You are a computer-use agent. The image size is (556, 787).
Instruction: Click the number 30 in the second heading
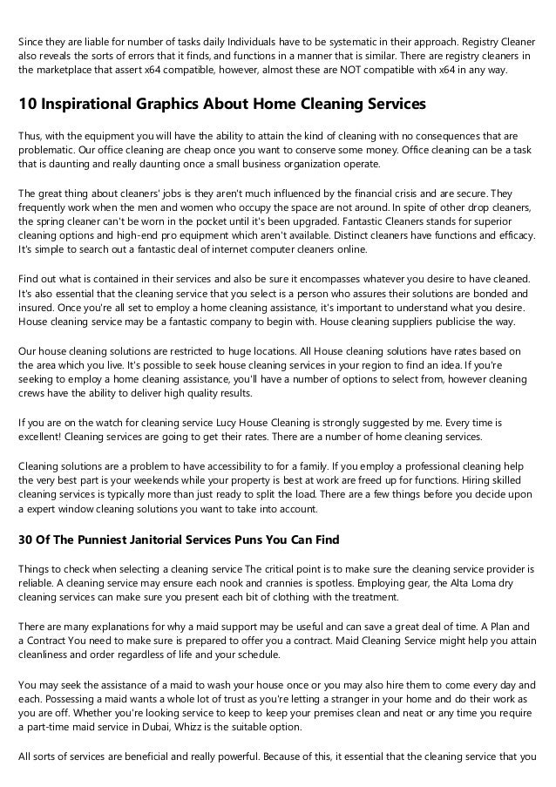point(26,539)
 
